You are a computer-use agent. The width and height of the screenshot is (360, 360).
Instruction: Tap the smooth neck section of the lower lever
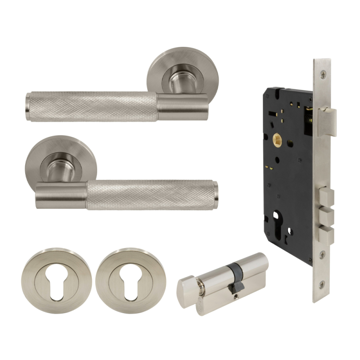click(61, 197)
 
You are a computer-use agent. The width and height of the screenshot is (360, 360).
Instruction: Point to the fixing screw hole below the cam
click(235, 296)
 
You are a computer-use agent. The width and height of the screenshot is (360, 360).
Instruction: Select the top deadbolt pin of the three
click(327, 197)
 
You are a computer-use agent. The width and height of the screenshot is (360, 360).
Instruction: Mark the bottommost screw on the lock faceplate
click(322, 283)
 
